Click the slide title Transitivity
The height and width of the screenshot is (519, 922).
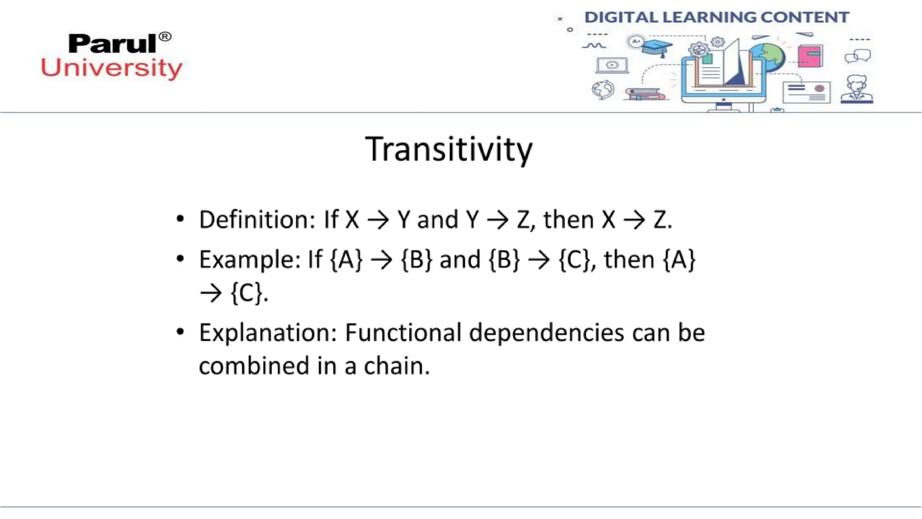point(448,150)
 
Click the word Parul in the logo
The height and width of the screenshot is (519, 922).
point(113,44)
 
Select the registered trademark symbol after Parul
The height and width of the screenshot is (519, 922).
point(165,36)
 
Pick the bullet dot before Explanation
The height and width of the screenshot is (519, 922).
point(181,332)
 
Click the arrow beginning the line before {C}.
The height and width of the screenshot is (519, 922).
point(211,293)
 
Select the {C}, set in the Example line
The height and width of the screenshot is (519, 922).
point(577,260)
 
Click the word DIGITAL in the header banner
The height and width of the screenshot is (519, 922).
point(620,17)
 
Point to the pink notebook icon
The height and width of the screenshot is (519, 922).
point(810,56)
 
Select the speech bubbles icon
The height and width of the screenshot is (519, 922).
point(858,56)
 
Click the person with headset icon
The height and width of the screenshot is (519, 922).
point(856,89)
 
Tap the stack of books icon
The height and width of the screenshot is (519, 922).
point(645,94)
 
